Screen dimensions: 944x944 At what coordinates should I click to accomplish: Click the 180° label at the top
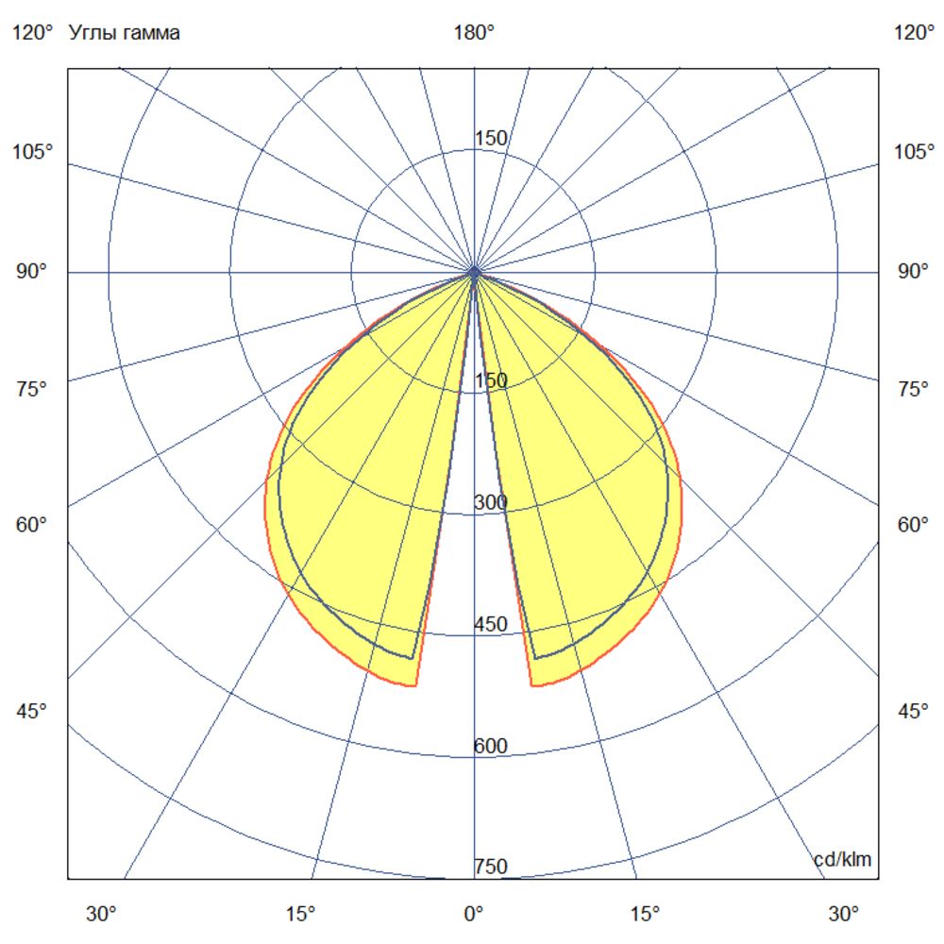click(x=474, y=33)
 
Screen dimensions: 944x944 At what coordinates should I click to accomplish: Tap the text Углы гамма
click(x=125, y=33)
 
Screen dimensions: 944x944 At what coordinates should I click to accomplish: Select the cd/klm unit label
click(x=843, y=859)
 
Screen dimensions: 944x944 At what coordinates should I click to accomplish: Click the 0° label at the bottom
click(x=474, y=914)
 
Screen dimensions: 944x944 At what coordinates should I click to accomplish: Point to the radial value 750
click(x=491, y=867)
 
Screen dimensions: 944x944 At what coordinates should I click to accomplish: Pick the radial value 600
click(x=491, y=747)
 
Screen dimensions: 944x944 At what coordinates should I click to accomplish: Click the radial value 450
click(x=491, y=624)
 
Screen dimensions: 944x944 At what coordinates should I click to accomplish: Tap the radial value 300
click(x=491, y=503)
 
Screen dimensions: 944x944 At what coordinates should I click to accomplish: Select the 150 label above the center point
click(x=491, y=139)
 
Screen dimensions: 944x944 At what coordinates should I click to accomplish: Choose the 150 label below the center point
click(x=491, y=380)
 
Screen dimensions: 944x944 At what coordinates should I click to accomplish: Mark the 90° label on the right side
click(x=913, y=272)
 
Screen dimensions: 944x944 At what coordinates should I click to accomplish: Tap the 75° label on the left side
click(x=33, y=389)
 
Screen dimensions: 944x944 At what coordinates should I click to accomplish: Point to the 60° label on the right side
click(x=913, y=525)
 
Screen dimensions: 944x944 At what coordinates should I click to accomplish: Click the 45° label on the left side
click(x=33, y=711)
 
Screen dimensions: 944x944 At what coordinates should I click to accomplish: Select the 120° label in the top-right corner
click(x=913, y=33)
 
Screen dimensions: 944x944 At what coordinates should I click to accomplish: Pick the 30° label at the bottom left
click(x=102, y=914)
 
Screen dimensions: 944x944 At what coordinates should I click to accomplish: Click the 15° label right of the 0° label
click(x=645, y=914)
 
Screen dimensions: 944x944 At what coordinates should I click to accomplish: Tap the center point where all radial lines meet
click(x=474, y=272)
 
